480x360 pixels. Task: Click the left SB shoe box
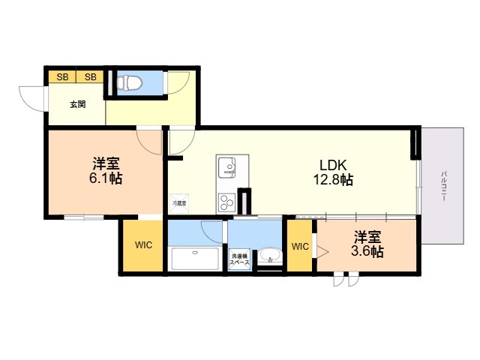62,76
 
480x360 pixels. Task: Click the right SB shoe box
90,76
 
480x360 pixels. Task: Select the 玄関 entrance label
77,104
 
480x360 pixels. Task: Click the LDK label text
333,165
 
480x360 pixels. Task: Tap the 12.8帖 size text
333,180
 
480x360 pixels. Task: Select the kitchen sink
227,165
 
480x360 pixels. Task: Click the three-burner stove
227,202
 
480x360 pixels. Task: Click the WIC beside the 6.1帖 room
142,245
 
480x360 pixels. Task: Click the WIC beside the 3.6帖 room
300,246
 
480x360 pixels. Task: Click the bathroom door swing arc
212,230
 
